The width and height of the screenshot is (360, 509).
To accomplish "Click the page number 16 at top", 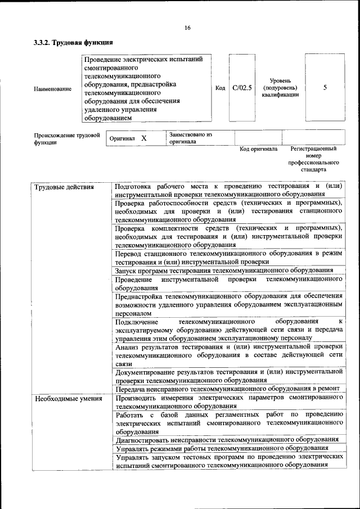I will click(187, 28).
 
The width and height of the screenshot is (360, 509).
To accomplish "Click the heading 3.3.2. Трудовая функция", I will click(74, 43).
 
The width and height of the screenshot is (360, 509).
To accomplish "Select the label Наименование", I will click(53, 89).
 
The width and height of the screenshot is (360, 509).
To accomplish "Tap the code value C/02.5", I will click(242, 88).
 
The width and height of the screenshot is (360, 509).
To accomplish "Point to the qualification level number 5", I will click(325, 88).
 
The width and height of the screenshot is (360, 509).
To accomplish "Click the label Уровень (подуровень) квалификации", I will click(280, 88).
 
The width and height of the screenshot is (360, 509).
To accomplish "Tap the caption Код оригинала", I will click(258, 150).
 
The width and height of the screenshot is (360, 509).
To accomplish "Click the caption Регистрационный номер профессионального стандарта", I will click(313, 159).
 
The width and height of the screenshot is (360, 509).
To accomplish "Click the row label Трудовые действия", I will click(64, 187).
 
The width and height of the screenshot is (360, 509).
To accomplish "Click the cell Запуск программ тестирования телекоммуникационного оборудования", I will click(224, 271).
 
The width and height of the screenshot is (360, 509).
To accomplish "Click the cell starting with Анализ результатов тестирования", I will click(228, 355).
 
